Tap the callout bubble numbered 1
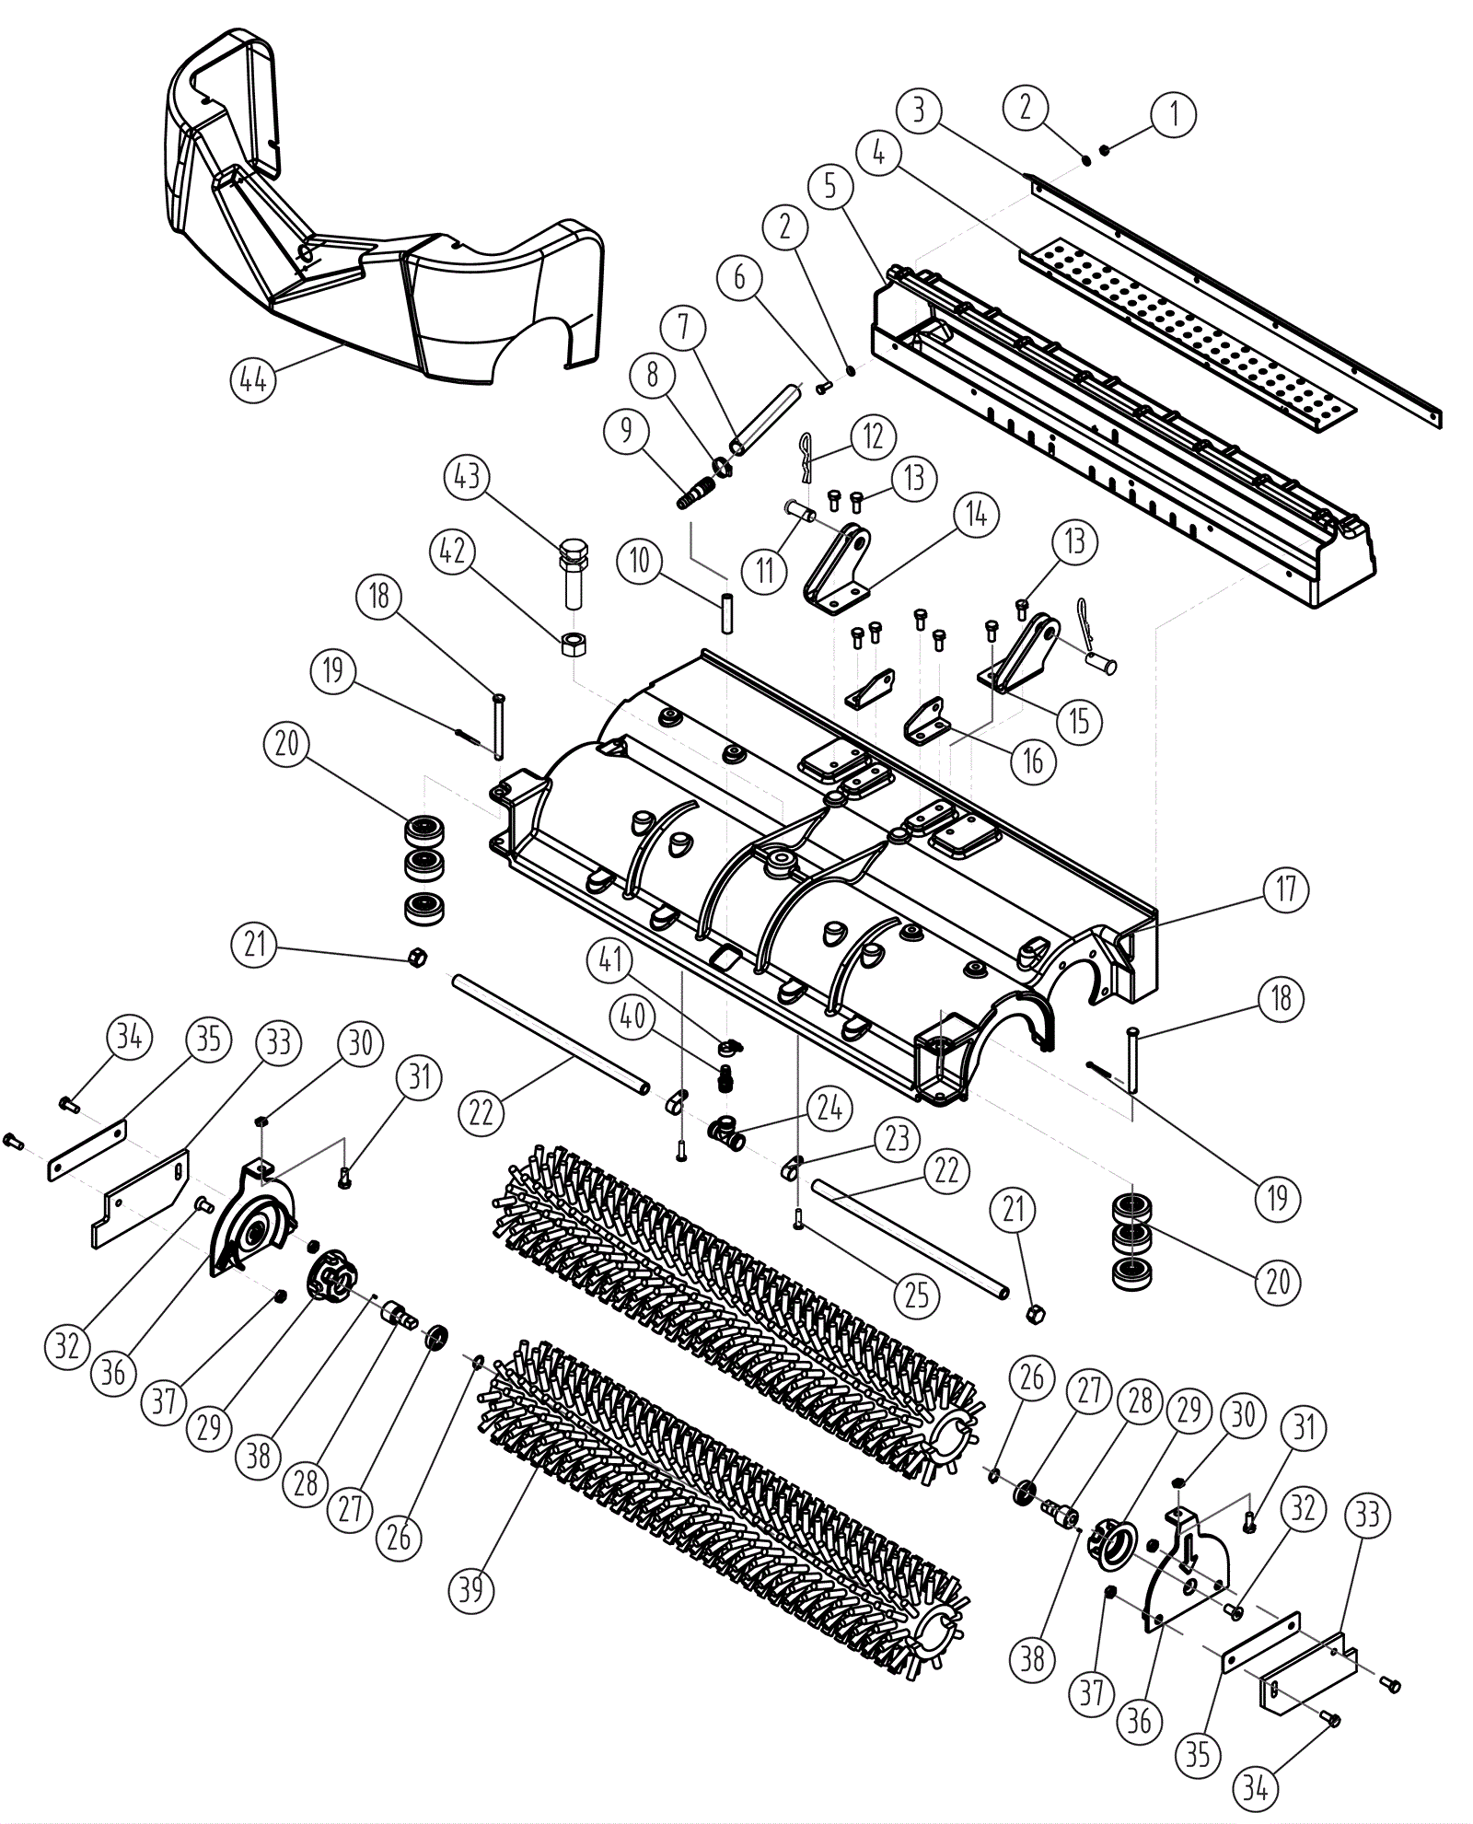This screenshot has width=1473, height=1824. pos(1173,114)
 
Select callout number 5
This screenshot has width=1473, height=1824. pos(831,186)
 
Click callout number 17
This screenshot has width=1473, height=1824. pos(1286,889)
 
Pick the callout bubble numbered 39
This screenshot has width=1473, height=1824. pos(471,1589)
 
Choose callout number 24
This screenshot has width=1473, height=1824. pos(829,1107)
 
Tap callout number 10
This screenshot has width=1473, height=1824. pos(640,560)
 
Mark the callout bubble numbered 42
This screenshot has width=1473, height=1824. pos(453,552)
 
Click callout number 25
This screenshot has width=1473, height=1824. pos(917,1295)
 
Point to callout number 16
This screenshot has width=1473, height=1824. pos(1034,761)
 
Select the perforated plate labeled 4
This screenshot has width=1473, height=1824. pos(1188,331)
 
